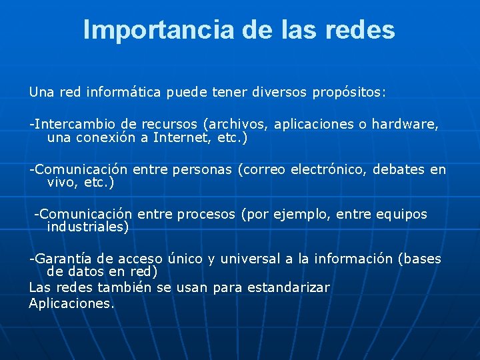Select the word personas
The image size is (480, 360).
202,169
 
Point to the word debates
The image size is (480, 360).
399,169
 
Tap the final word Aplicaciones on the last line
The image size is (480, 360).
71,303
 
